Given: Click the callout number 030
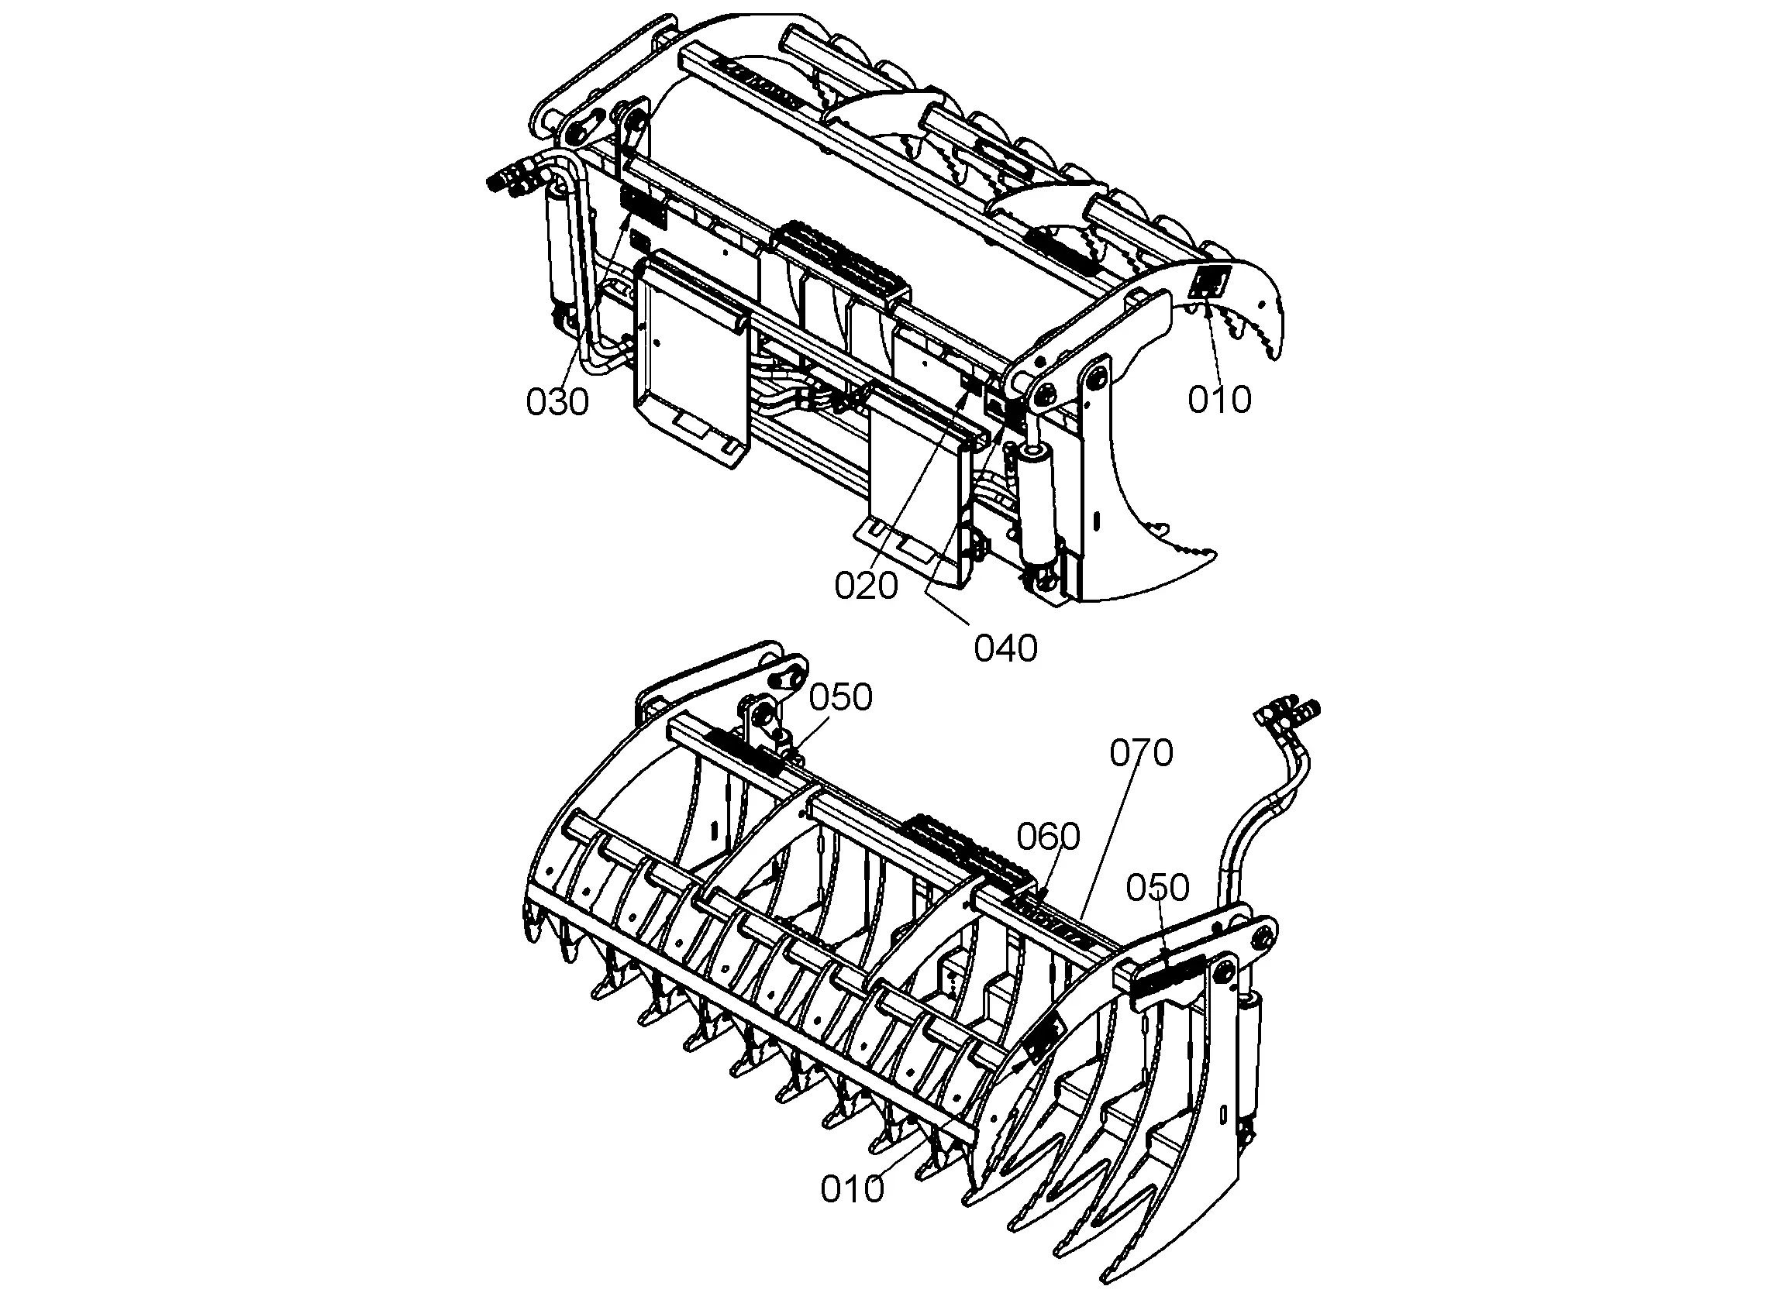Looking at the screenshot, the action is (557, 402).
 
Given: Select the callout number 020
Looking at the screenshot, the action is (866, 586).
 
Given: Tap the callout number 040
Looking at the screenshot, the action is (1005, 649).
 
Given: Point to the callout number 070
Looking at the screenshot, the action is (1141, 753).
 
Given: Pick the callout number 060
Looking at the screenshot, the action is (1048, 837).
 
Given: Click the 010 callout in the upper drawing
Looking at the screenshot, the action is (1219, 400).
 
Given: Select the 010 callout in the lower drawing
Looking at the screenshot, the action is (853, 1190).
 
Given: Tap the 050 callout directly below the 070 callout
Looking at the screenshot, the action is (1157, 889).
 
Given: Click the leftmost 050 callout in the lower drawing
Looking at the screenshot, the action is (842, 697).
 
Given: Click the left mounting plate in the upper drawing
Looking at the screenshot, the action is (691, 357).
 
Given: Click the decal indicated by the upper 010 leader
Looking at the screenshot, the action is (1210, 281).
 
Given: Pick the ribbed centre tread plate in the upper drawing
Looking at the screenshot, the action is (843, 260).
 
